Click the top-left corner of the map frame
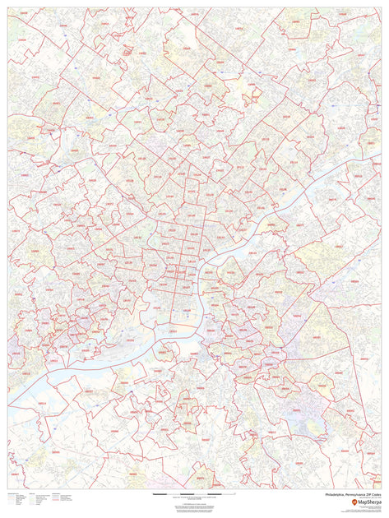pos(7,8)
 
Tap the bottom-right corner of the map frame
pos(382,489)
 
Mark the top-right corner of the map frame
pos(382,8)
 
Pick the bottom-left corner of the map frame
pos(7,489)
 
